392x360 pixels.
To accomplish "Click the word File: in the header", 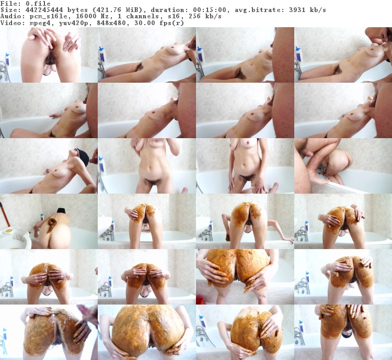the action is pyautogui.click(x=8, y=4).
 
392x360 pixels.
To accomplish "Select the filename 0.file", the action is pyautogui.click(x=38, y=4).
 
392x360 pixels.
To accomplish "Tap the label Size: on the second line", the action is pyautogui.click(x=8, y=10).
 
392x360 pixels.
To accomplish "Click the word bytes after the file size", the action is pyautogui.click(x=76, y=10).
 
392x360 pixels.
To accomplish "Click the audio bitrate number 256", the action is pyautogui.click(x=194, y=17).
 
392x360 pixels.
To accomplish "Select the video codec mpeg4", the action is pyautogui.click(x=38, y=23).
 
